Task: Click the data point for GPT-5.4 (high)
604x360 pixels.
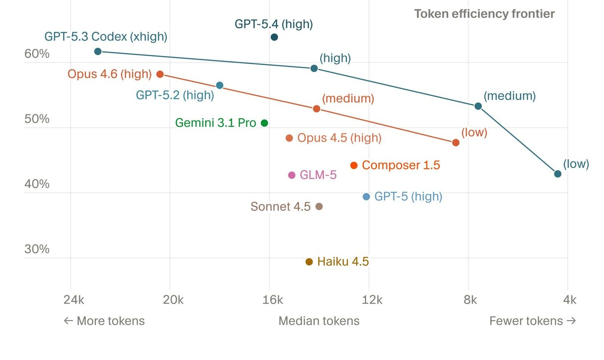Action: (x=274, y=37)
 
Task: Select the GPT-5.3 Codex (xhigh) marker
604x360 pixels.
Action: (x=98, y=51)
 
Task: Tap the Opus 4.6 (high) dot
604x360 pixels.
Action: (x=160, y=74)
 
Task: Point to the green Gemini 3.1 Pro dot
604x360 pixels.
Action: (x=265, y=123)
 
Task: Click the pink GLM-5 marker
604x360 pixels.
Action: (x=291, y=175)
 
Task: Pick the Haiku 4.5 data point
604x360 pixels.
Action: (x=309, y=262)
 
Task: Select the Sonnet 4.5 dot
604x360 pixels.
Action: (x=319, y=206)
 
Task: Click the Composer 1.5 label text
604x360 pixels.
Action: (x=401, y=165)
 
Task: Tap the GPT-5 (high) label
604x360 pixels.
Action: (x=408, y=196)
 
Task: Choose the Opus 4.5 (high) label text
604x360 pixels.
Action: (x=339, y=138)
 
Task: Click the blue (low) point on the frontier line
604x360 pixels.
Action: (x=558, y=174)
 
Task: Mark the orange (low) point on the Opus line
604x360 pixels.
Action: (x=456, y=142)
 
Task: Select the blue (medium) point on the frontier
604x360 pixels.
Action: (x=478, y=106)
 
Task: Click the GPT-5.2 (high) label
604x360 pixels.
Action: (x=175, y=95)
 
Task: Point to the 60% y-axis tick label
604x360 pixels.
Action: (x=37, y=54)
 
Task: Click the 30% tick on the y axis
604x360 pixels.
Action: (x=37, y=249)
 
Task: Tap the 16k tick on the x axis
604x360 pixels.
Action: (x=272, y=300)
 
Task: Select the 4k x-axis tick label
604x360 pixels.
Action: (x=569, y=300)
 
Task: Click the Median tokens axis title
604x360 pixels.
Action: (x=319, y=321)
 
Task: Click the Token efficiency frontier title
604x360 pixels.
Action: (x=484, y=14)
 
